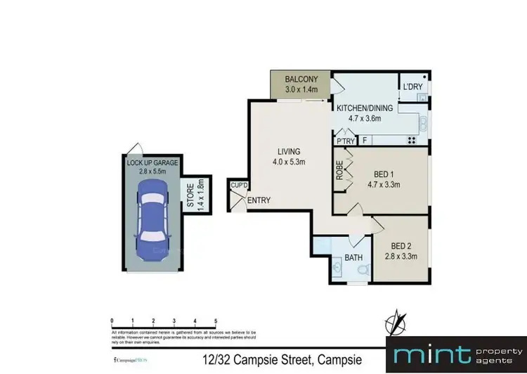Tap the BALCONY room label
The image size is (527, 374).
(x=302, y=79)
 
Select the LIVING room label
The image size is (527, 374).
(x=289, y=151)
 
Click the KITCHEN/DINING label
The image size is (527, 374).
(x=364, y=108)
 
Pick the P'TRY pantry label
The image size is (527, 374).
(x=345, y=141)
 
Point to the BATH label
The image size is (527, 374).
(x=353, y=258)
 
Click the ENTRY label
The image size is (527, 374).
(x=259, y=201)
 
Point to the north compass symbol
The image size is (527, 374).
(x=398, y=321)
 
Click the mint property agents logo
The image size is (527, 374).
(x=456, y=354)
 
